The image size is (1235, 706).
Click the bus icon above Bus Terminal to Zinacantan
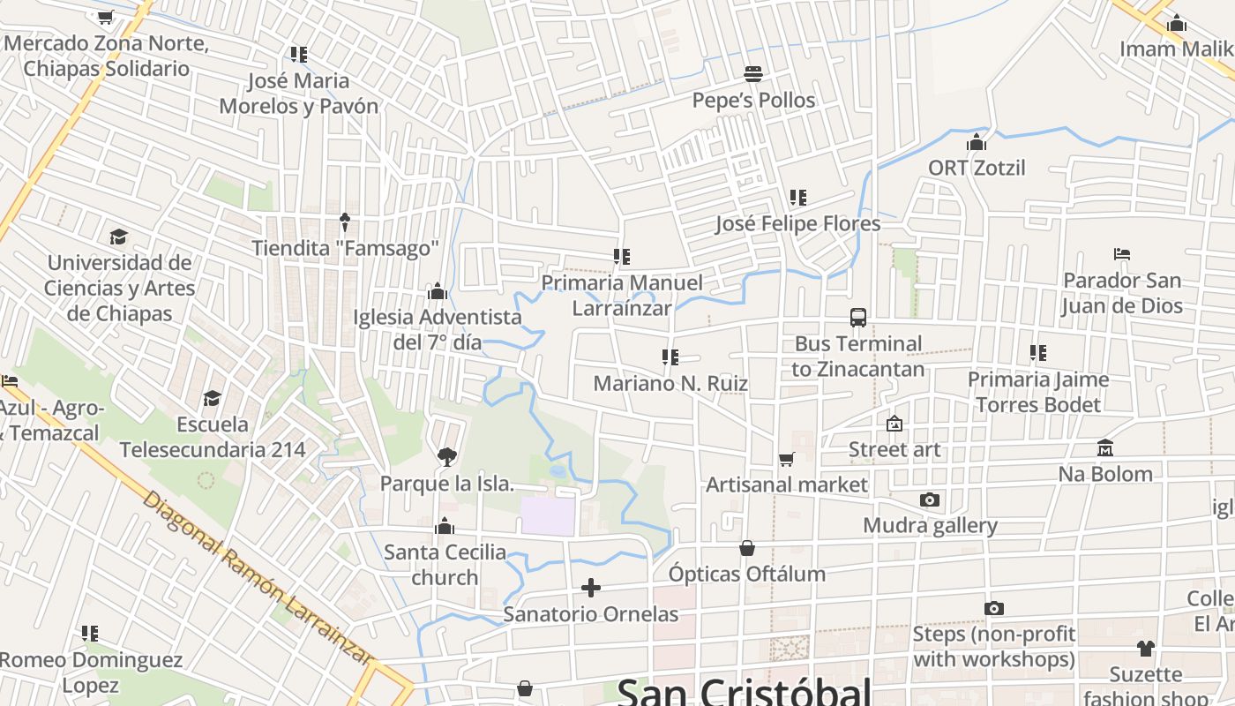pyautogui.click(x=858, y=318)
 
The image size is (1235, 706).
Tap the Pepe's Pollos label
pyautogui.click(x=753, y=101)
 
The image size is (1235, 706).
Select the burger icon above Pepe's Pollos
pyautogui.click(x=753, y=73)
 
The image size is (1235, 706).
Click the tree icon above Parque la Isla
pyautogui.click(x=446, y=456)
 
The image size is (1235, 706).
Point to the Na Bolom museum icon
pyautogui.click(x=1105, y=448)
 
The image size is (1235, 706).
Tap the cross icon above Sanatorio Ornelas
pyautogui.click(x=591, y=588)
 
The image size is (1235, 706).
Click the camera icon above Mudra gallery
pyautogui.click(x=929, y=500)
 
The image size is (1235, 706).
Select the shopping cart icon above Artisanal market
pyautogui.click(x=786, y=459)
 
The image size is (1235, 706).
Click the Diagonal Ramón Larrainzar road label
pyautogui.click(x=257, y=578)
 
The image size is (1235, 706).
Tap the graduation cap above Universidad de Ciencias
pyautogui.click(x=118, y=237)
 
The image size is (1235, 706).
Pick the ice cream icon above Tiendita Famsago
pyautogui.click(x=345, y=222)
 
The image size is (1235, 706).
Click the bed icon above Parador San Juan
pyautogui.click(x=1121, y=254)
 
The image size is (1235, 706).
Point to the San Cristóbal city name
pyautogui.click(x=744, y=691)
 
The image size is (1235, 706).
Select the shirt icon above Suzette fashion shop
pyautogui.click(x=1145, y=649)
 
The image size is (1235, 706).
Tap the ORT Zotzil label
pyautogui.click(x=977, y=168)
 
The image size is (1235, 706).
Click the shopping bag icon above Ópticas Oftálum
pyautogui.click(x=747, y=548)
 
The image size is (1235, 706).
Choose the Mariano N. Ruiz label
pyautogui.click(x=670, y=384)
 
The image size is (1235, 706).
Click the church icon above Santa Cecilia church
pyautogui.click(x=445, y=527)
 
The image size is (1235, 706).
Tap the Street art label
pyautogui.click(x=894, y=450)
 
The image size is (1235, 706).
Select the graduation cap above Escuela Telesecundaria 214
pyautogui.click(x=212, y=399)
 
